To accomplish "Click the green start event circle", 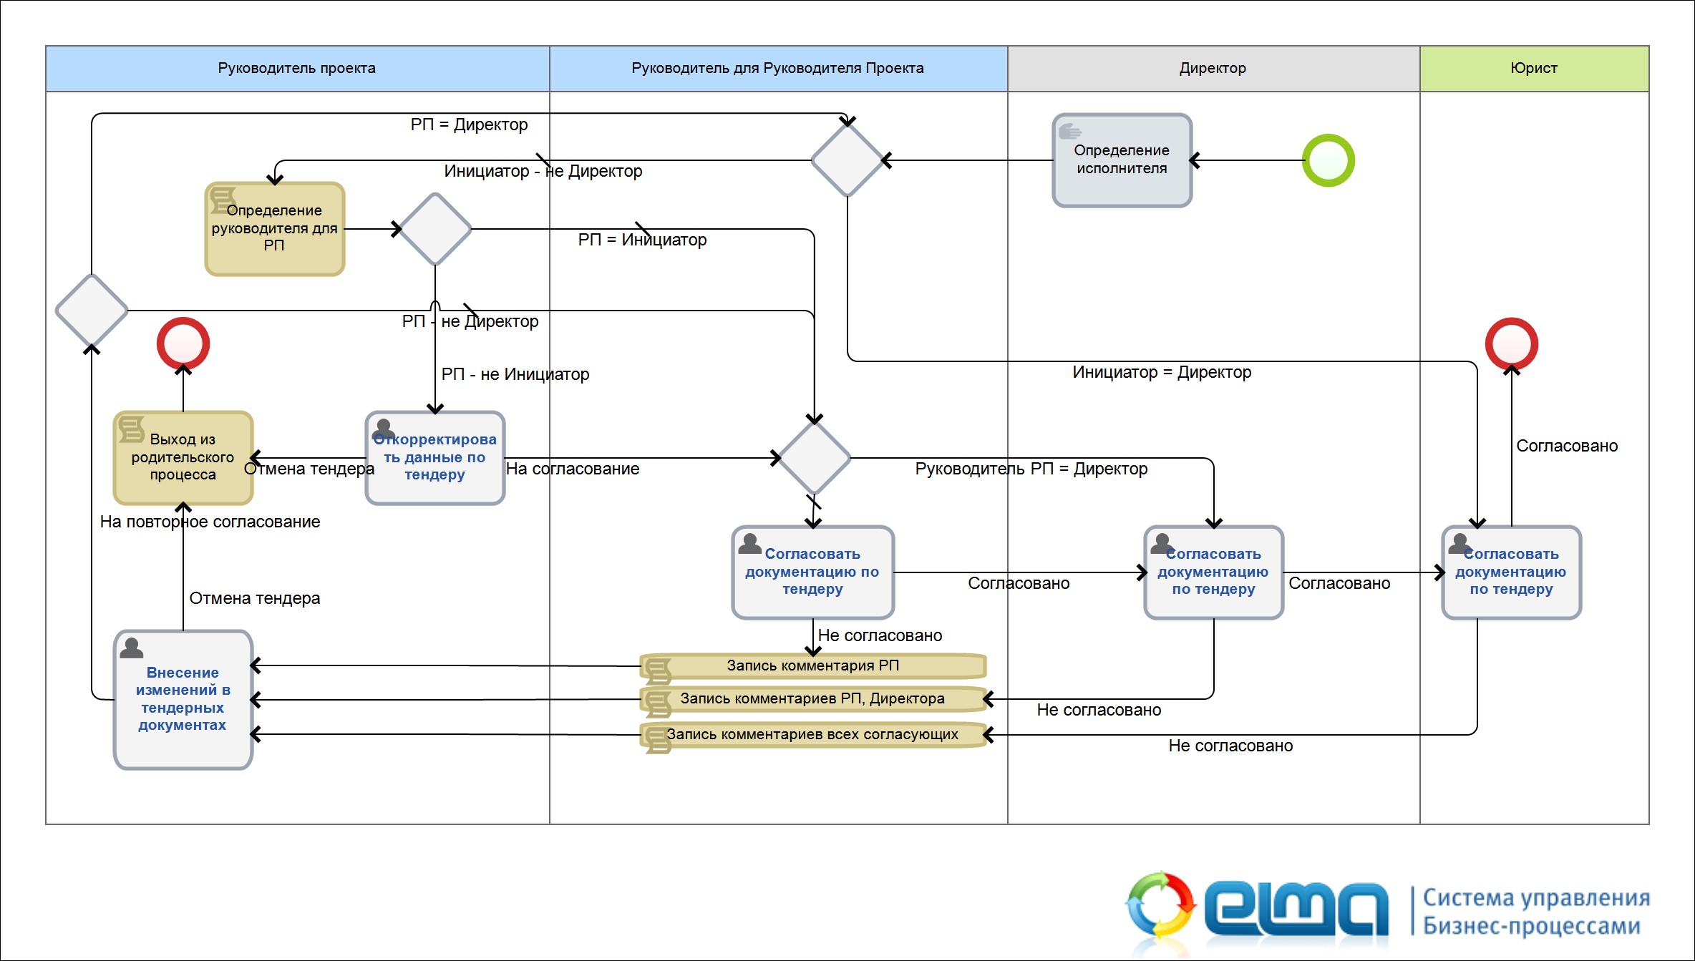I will [1328, 160].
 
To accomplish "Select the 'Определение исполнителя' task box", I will [1122, 160].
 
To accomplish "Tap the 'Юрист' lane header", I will [1534, 68].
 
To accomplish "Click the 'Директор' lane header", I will [1213, 68].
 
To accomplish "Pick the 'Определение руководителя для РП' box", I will [275, 229].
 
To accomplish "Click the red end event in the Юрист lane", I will [1512, 344].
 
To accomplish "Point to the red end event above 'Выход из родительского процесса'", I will [183, 344].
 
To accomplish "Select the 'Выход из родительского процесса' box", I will [183, 458].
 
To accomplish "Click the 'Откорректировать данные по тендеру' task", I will [435, 458].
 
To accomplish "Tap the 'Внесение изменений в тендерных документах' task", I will [183, 699].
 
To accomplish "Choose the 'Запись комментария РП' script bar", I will [813, 666].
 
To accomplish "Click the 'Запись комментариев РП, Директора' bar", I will [813, 699].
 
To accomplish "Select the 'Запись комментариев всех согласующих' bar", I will [813, 735].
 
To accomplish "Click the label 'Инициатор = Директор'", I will [1162, 372].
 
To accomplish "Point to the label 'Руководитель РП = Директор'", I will [1031, 469].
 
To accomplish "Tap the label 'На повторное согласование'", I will [210, 522].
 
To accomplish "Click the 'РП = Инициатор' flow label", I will [642, 240].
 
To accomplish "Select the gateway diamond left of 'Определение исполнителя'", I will [848, 160].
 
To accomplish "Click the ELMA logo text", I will [1296, 909].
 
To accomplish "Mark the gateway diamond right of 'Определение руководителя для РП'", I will [435, 229].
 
